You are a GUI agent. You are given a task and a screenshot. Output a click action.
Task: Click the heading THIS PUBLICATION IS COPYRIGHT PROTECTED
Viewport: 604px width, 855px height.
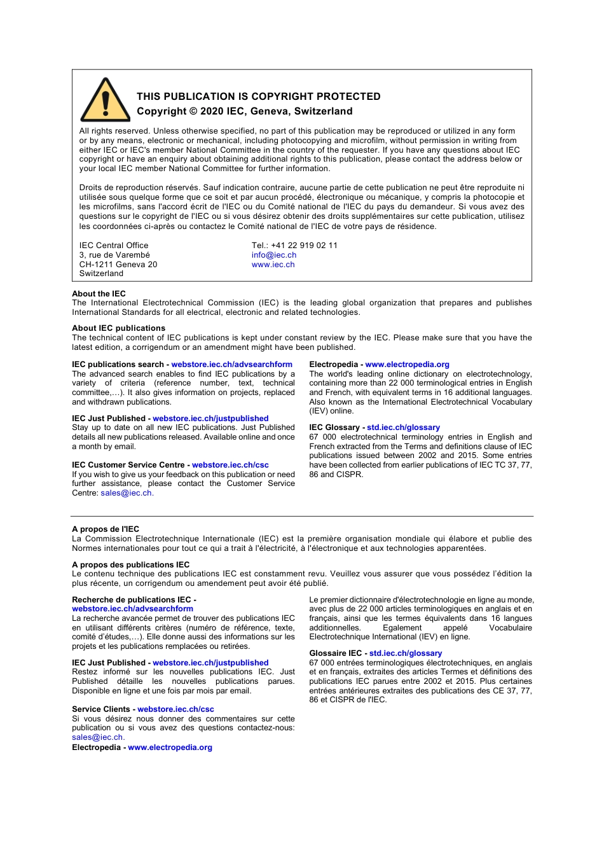pos(258,97)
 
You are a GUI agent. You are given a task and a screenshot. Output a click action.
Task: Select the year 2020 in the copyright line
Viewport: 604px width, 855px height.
pos(212,111)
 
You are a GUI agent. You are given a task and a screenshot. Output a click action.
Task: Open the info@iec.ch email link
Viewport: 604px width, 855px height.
pos(273,255)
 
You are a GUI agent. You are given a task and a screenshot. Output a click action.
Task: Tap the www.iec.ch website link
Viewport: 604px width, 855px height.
pos(273,265)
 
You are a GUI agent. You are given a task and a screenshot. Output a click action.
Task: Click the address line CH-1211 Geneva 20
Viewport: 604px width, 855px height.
pos(118,265)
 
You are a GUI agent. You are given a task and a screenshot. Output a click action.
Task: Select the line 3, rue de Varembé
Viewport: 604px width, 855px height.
pos(114,255)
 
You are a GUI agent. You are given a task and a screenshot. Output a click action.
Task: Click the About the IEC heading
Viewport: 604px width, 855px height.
pos(99,294)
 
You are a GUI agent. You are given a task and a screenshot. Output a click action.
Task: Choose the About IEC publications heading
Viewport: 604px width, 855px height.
pos(118,328)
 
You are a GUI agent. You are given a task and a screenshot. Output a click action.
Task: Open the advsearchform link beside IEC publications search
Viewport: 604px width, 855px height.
pos(231,365)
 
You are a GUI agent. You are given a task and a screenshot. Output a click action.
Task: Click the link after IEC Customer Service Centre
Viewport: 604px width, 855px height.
pos(230,465)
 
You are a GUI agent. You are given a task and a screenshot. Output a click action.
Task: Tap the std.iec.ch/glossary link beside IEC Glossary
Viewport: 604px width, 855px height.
pos(403,427)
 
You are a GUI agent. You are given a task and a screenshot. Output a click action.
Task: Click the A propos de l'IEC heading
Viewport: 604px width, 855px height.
pos(106,529)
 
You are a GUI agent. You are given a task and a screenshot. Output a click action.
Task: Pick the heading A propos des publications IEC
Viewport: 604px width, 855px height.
pos(130,565)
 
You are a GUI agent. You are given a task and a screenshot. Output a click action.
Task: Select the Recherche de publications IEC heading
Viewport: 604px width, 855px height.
pos(132,600)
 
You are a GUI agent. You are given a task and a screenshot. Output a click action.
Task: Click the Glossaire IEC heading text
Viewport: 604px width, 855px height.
pos(335,653)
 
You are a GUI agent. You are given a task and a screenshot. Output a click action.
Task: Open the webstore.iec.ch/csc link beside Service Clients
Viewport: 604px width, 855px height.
pos(175,709)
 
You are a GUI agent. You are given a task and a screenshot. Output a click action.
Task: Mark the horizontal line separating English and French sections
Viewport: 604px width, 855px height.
pos(302,516)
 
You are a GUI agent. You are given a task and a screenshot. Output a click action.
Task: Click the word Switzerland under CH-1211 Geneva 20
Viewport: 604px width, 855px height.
pos(101,274)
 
